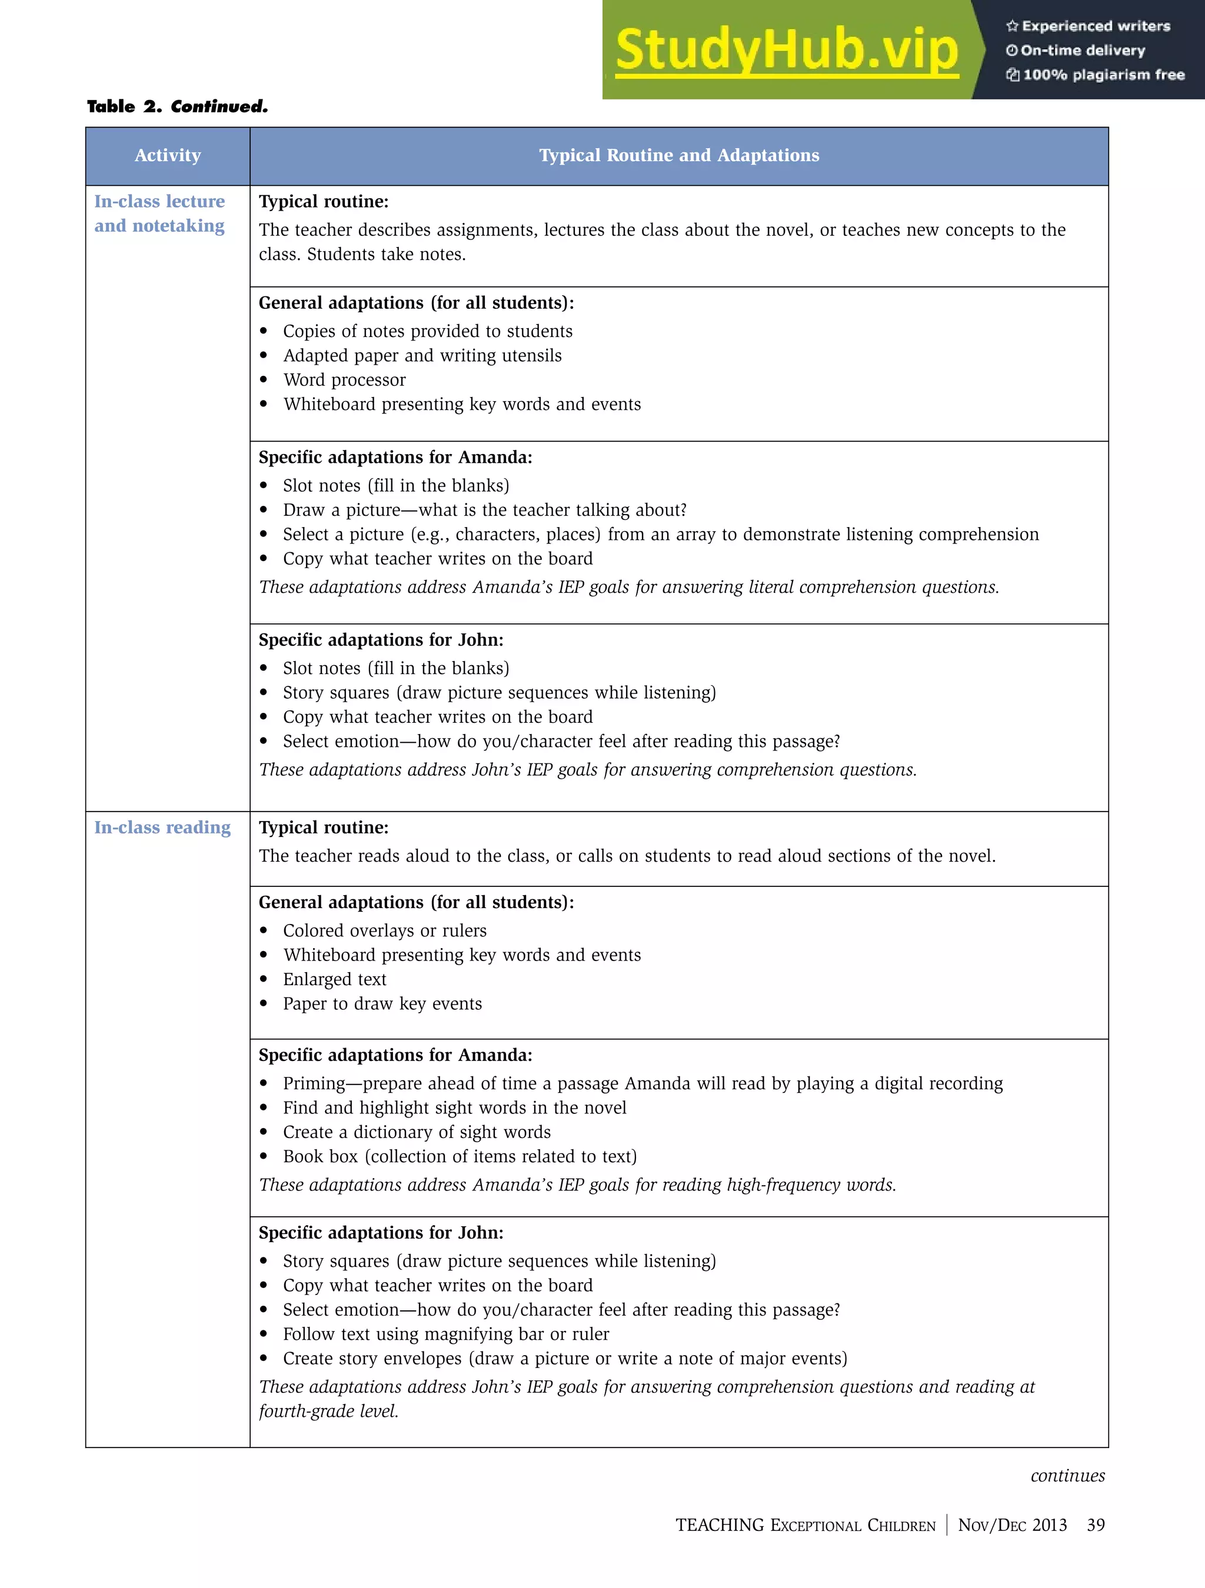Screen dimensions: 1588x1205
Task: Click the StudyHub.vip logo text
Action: coord(786,50)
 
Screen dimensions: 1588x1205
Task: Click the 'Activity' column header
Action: coord(167,156)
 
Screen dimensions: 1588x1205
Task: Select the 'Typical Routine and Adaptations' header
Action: coord(678,156)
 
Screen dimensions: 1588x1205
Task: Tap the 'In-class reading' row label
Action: coord(162,828)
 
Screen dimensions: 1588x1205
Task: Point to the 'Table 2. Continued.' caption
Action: coord(177,107)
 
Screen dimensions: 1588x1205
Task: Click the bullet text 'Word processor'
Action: coord(344,380)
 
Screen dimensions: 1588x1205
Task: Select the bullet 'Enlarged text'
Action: coord(335,979)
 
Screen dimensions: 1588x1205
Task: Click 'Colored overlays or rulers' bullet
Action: coord(384,930)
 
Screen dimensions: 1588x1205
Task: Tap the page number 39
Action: coord(1095,1525)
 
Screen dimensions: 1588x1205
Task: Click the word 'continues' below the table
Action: coord(1067,1475)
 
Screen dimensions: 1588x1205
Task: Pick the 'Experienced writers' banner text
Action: coord(1095,26)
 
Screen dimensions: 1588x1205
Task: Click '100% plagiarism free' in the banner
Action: coord(1102,75)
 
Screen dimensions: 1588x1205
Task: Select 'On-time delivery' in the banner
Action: coord(1082,50)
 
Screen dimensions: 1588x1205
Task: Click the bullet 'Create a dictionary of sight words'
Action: coord(417,1132)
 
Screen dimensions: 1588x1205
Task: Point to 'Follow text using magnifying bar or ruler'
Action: coord(445,1334)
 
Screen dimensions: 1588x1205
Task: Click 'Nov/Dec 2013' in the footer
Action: coord(1012,1525)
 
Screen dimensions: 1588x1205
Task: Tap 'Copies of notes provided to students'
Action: coord(427,331)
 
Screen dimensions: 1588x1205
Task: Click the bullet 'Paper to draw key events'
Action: coord(382,1003)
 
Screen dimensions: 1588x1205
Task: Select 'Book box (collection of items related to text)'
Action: coord(460,1156)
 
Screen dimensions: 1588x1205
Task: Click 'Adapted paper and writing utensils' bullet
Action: coord(422,355)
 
